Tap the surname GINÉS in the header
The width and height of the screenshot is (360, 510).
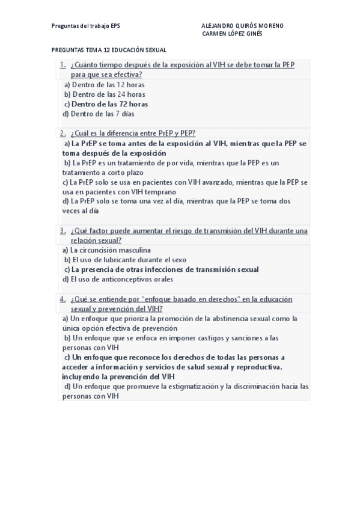point(252,34)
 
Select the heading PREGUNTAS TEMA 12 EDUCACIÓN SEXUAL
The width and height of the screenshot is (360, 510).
point(109,51)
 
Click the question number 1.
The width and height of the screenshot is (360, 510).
point(63,65)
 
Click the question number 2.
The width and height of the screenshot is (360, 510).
point(63,134)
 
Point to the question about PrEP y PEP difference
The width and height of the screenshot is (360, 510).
point(133,134)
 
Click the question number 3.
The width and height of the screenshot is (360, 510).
point(63,230)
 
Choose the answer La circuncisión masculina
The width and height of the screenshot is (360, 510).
point(106,250)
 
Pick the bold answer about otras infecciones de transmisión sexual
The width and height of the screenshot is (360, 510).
point(161,269)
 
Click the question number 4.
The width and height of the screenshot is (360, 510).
point(63,299)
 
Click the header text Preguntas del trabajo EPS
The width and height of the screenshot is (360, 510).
point(87,26)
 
